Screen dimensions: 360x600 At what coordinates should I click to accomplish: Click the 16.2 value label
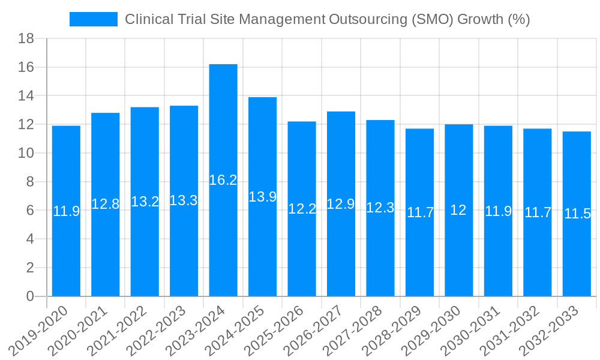(223, 180)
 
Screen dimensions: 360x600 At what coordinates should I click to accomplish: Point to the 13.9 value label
(262, 197)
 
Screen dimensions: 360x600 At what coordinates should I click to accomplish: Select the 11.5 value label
(577, 214)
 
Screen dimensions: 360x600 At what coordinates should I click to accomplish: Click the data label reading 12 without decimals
(458, 210)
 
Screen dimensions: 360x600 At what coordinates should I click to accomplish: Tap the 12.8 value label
(105, 204)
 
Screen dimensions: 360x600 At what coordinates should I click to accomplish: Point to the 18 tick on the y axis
(26, 39)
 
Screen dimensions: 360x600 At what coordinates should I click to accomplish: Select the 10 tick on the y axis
(26, 154)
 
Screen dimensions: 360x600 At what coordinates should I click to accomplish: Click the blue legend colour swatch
(94, 19)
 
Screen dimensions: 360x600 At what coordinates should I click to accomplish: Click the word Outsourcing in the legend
(367, 19)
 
